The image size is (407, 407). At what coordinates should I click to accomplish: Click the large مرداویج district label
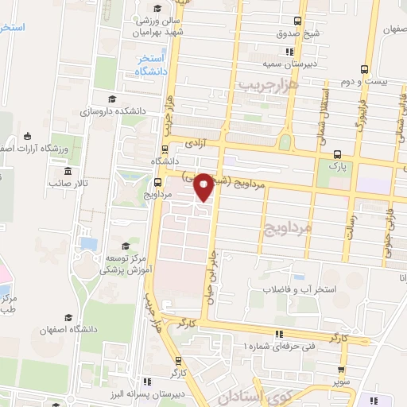click(x=284, y=228)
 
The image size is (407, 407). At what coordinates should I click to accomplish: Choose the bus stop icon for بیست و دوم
click(x=364, y=68)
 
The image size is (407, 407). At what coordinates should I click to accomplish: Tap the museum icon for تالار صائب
click(x=67, y=170)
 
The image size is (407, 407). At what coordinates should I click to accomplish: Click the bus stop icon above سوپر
click(x=342, y=370)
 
